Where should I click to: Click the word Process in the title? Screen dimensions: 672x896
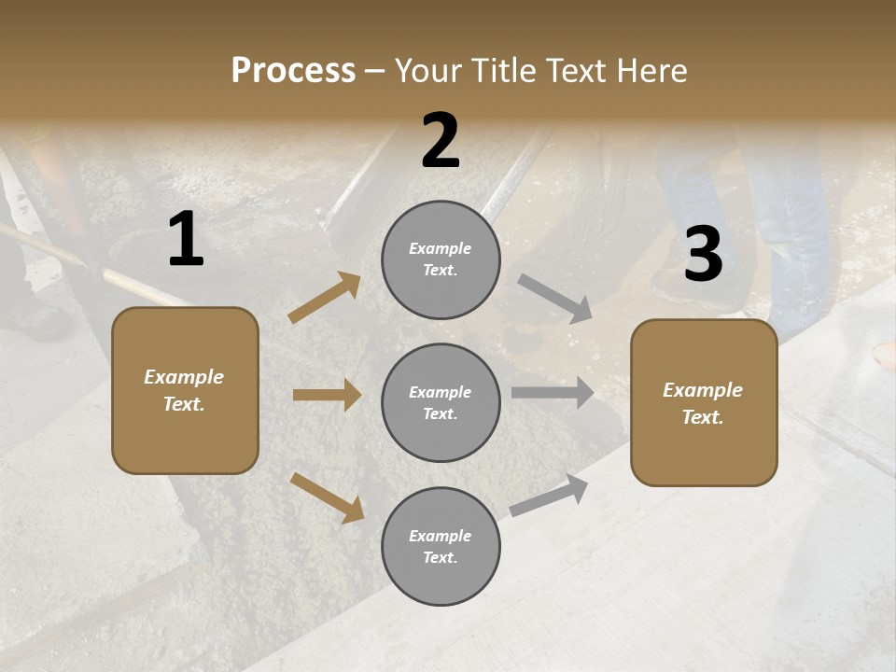tap(293, 71)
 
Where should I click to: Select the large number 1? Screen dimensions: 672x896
tap(186, 240)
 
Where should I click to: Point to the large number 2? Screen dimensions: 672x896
tap(441, 141)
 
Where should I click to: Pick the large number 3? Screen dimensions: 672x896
tap(703, 255)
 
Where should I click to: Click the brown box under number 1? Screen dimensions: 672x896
tap(185, 390)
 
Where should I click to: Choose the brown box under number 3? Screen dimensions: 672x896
tap(704, 403)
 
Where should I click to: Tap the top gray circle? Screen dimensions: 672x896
tap(441, 259)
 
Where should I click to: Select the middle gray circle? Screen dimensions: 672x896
tap(441, 402)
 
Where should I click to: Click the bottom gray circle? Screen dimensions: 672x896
tap(441, 546)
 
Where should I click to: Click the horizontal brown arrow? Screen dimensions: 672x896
tap(327, 395)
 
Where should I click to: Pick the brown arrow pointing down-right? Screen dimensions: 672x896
tap(327, 497)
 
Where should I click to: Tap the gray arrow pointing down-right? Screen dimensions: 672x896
tap(555, 299)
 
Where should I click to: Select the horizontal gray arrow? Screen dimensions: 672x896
tap(553, 393)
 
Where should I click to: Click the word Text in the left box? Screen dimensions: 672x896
tap(183, 404)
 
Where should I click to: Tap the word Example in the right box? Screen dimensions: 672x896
tap(703, 390)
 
